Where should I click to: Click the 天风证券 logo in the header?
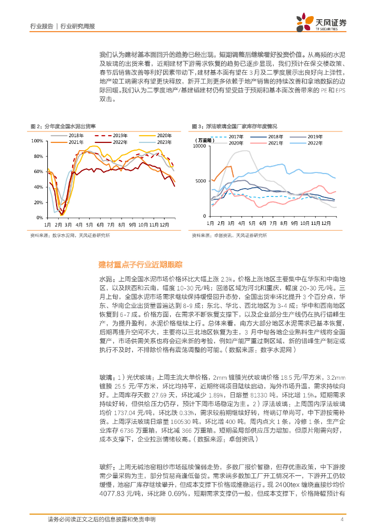point(320,21)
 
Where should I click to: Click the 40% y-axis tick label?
point(38,187)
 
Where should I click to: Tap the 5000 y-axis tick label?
point(201,181)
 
